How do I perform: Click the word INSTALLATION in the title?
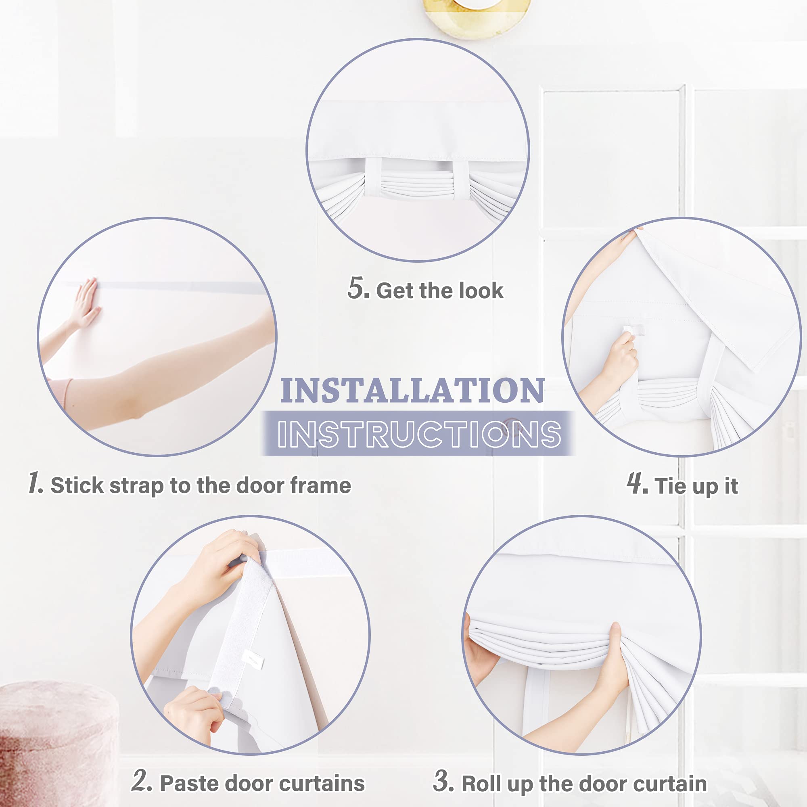(412, 390)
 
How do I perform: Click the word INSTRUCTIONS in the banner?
(419, 434)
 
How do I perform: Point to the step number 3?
(443, 780)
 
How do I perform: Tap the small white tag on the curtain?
(253, 659)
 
